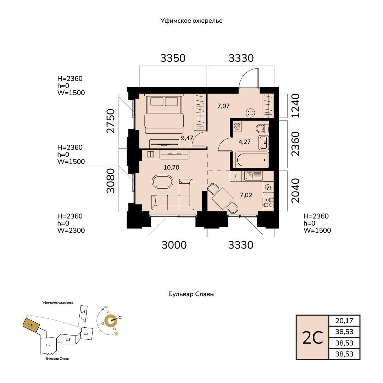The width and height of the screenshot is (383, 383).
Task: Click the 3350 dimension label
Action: [173, 58]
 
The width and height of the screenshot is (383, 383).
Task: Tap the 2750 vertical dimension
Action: [111, 121]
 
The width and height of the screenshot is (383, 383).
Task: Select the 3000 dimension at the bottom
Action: [174, 245]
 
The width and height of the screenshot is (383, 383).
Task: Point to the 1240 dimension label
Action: [295, 106]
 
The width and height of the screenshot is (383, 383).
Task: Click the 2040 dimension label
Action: [295, 190]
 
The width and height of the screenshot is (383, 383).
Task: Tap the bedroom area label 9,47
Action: [187, 138]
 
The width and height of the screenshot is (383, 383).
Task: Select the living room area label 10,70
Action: [172, 167]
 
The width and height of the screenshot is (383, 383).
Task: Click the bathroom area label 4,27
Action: [244, 142]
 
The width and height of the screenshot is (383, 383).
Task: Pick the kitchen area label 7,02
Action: [246, 195]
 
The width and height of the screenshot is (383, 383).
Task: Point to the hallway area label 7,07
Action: [223, 106]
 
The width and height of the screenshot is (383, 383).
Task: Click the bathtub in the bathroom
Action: [252, 160]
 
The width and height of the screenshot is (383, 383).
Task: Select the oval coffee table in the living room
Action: [162, 182]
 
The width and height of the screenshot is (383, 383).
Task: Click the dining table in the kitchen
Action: [222, 198]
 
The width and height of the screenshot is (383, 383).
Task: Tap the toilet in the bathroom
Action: [262, 128]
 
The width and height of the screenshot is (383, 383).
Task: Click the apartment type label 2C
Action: [313, 338]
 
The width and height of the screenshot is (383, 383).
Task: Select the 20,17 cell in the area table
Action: [344, 321]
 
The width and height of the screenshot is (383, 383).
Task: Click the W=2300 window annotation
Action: [71, 231]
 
